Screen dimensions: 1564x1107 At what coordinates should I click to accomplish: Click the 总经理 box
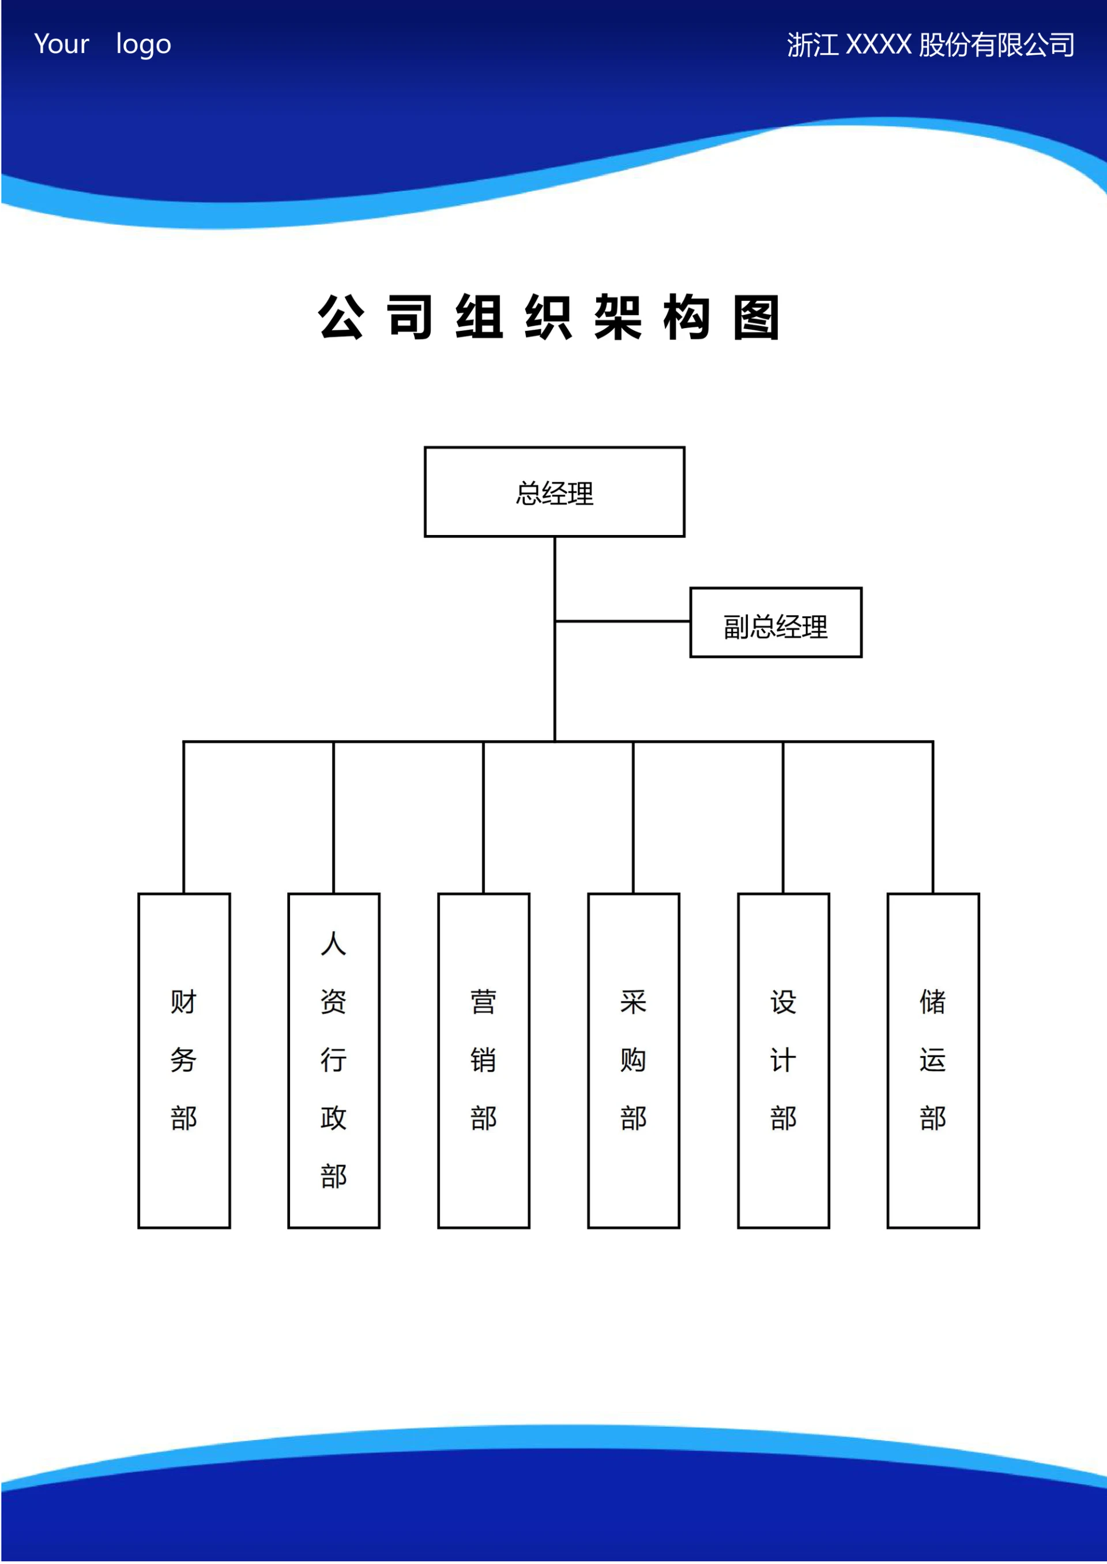coord(554,492)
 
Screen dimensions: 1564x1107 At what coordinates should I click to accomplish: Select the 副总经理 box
coord(775,622)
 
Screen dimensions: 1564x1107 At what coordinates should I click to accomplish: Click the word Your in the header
coord(61,44)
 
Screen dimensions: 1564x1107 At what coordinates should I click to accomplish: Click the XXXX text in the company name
coord(879,45)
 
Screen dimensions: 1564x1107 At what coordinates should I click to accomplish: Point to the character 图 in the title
coord(756,318)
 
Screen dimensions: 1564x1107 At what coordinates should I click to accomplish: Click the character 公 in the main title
coord(341,318)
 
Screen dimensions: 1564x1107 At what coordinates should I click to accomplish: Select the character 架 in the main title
coord(617,318)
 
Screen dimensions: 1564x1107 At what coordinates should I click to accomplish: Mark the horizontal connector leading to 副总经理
coord(622,621)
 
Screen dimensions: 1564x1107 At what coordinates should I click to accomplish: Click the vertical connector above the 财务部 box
coord(184,818)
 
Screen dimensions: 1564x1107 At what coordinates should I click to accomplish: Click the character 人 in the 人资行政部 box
coord(334,944)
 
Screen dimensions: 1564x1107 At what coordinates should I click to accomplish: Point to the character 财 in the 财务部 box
coord(184,1002)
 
